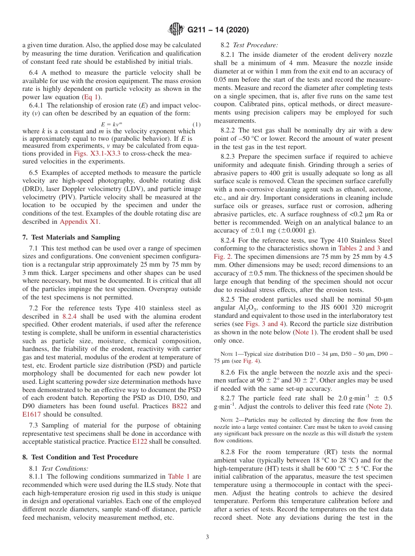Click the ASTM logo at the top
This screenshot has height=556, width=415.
[176, 30]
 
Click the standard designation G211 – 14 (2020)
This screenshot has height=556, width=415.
[218, 30]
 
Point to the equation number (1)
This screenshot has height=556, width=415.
[197, 125]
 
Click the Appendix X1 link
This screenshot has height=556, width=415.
[79, 222]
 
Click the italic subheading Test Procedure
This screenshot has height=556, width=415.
[256, 45]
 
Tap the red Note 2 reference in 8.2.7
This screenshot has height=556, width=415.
[378, 407]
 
